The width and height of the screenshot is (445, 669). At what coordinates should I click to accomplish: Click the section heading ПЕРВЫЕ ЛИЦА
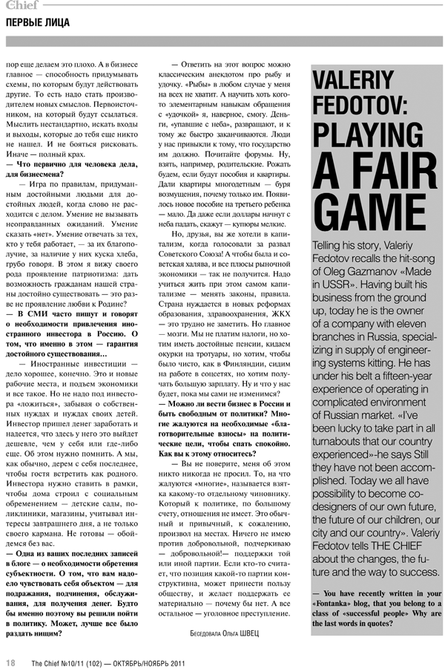point(38,23)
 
